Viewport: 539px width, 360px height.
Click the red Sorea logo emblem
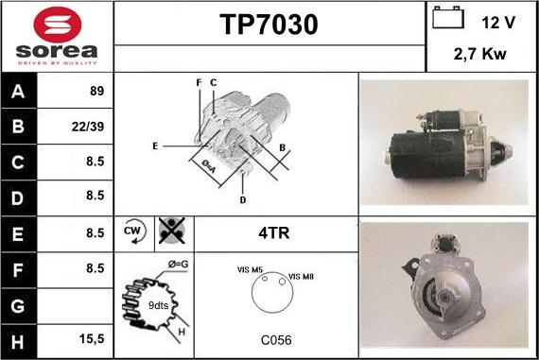58,25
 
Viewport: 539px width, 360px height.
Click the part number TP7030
269,25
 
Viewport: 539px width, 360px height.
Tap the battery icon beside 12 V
448,17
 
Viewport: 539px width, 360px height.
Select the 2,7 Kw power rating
479,54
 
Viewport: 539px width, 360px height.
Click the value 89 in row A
97,91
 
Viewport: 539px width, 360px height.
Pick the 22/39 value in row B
88,127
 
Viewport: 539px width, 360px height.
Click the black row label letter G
18,306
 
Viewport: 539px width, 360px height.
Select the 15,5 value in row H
92,339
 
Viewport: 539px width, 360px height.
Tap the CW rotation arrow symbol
134,231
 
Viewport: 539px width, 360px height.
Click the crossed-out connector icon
172,231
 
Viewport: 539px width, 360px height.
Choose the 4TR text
274,232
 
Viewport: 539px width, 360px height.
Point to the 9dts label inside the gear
158,305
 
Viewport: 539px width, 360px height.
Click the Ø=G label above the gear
179,265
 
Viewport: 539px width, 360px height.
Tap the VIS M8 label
301,277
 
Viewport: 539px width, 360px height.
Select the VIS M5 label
250,270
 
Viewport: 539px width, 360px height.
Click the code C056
276,340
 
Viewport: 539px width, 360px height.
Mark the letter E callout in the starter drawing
155,146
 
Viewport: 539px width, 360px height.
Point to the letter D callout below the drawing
243,200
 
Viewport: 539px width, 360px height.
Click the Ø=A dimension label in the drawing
209,166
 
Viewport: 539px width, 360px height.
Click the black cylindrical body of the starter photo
427,155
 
